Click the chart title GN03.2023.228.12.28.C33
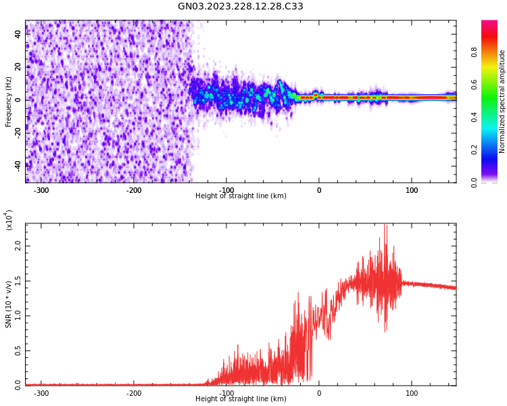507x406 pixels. (x=241, y=7)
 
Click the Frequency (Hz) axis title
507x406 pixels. (x=9, y=101)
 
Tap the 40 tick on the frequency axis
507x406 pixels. (x=19, y=34)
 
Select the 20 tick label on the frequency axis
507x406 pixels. (x=19, y=67)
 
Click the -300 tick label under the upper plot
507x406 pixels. (x=41, y=190)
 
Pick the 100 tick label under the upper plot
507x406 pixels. (x=412, y=190)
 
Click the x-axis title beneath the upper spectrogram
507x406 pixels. (x=241, y=196)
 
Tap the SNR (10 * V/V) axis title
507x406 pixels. (x=9, y=303)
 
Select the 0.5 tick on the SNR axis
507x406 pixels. (x=18, y=351)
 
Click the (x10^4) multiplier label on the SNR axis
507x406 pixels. (x=9, y=221)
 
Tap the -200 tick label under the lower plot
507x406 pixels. (x=134, y=392)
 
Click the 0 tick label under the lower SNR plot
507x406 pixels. (x=319, y=392)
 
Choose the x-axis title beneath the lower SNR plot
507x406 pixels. (x=241, y=399)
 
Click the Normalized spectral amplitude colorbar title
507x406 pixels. (x=502, y=101)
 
